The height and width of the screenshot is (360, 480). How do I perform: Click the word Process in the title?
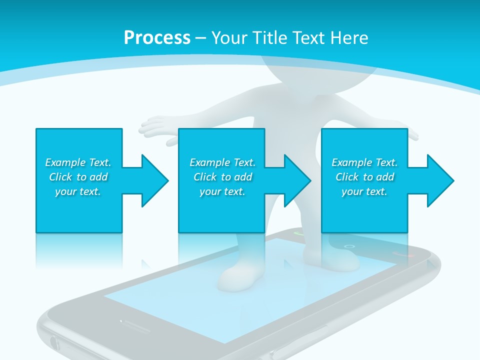(157, 38)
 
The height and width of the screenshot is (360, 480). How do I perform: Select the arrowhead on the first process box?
(152, 180)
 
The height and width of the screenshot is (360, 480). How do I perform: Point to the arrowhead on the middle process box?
(295, 180)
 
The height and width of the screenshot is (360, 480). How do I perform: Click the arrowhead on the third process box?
(438, 180)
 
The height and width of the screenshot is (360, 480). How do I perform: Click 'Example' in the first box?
(65, 162)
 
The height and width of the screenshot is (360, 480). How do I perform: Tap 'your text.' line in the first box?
(78, 191)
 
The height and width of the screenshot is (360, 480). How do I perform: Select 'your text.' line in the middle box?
(222, 191)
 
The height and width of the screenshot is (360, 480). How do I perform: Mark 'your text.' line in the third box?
(364, 191)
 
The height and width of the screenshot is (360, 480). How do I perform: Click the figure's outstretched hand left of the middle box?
(155, 123)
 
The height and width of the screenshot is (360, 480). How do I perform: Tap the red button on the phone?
(403, 253)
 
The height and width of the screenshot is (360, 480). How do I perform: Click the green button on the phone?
(299, 233)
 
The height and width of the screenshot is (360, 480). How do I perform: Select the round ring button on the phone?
(349, 246)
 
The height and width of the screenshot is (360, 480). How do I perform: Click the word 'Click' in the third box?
(347, 177)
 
